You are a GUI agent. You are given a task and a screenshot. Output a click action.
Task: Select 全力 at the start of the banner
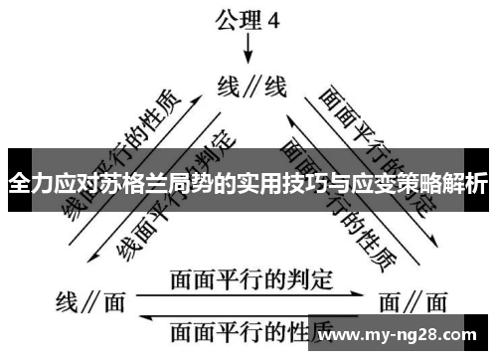(x=29, y=184)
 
